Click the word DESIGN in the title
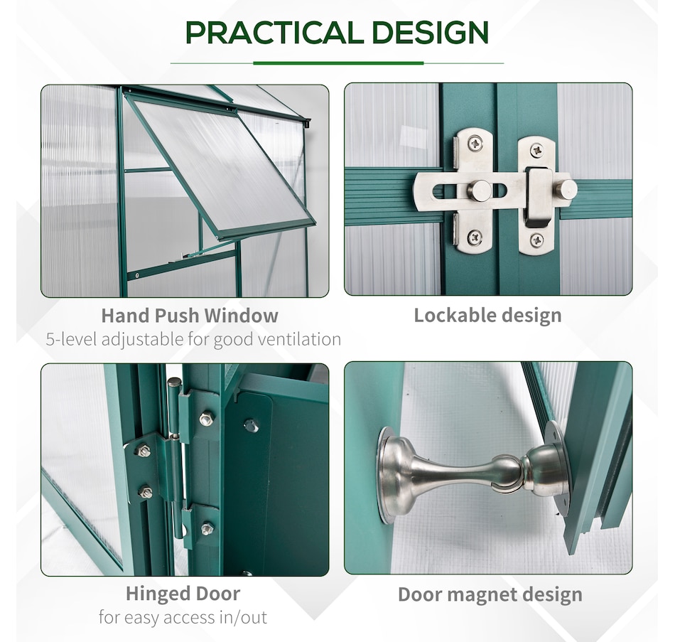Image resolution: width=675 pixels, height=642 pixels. (x=430, y=32)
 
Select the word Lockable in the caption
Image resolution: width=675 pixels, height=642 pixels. (x=454, y=315)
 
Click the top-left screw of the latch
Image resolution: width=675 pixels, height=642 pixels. (x=475, y=143)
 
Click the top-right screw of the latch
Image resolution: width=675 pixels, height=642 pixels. (x=536, y=151)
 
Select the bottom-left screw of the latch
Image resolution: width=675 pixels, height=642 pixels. (x=475, y=237)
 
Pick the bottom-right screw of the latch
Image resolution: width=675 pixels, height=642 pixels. (x=536, y=240)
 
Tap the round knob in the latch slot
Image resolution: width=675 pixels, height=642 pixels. (x=479, y=191)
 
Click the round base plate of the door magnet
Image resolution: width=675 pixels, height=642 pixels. (x=387, y=475)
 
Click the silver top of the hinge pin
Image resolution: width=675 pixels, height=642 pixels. (x=174, y=382)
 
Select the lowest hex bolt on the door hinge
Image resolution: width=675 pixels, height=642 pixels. (x=207, y=528)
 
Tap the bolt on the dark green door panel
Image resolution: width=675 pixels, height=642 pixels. (x=251, y=426)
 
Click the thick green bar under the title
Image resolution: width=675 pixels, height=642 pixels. (x=338, y=63)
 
